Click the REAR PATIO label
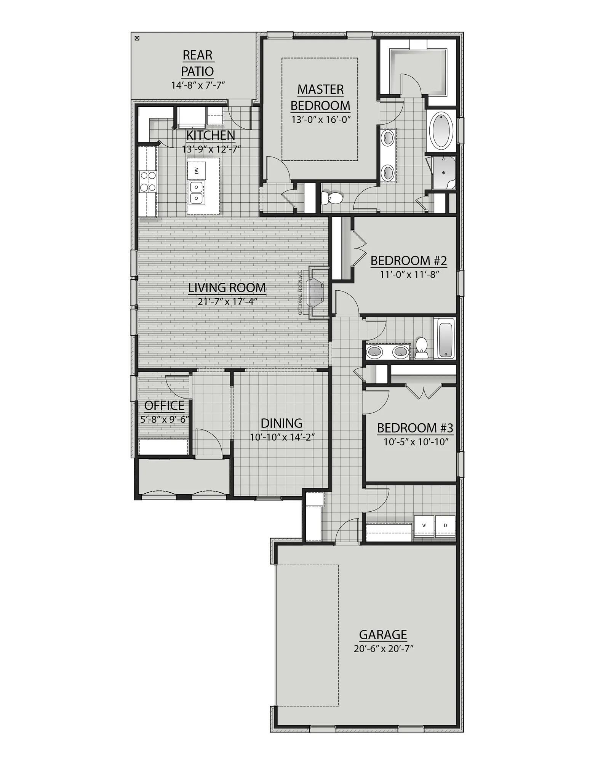coord(197,63)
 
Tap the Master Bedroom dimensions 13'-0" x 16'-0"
coord(320,119)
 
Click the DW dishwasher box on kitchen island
coord(197,170)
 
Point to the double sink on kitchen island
coord(197,192)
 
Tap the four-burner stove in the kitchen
coord(148,181)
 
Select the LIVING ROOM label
coord(227,288)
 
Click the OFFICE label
coord(164,405)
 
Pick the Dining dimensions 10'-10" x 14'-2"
coord(282,437)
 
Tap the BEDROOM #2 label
coord(408,261)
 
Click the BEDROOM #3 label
coord(415,428)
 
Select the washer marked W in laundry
coord(424,526)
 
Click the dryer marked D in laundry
coord(445,526)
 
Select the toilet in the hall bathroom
coord(422,347)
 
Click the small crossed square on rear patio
coord(137,38)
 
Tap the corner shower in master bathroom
coord(443,173)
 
